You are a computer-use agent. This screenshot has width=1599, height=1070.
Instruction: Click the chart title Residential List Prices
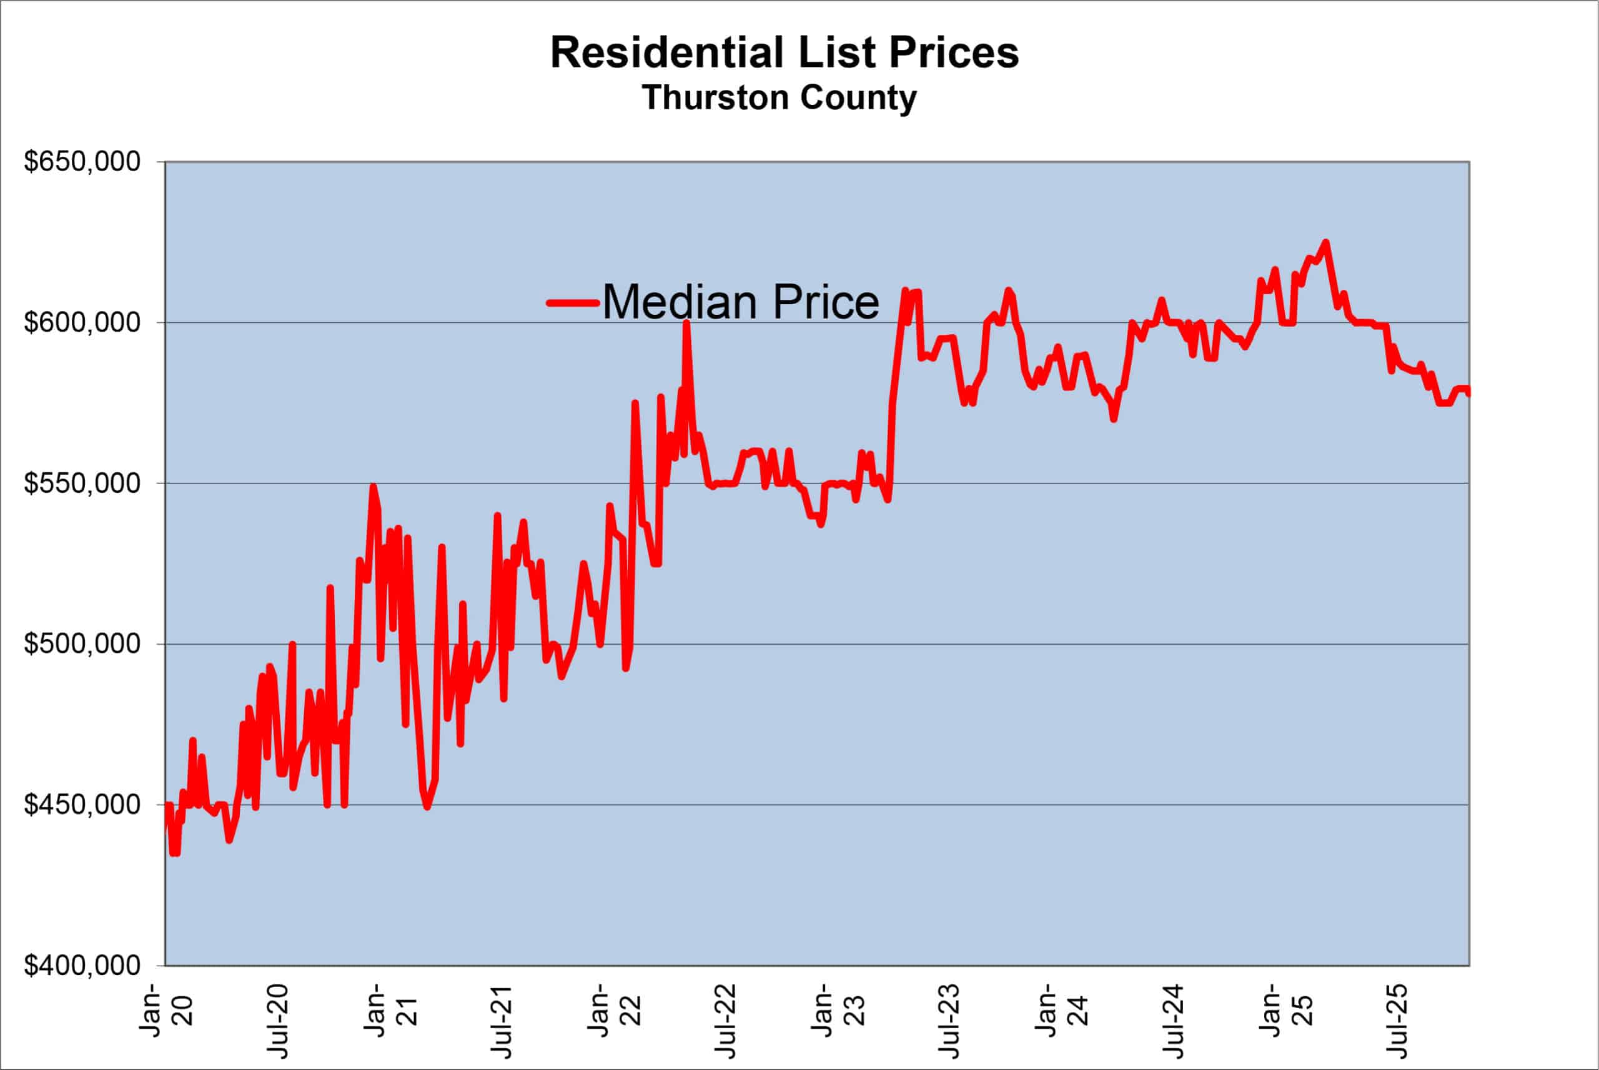pos(785,52)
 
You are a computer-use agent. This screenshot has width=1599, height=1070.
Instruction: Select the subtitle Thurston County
pos(779,97)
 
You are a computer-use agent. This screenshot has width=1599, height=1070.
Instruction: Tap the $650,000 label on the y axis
pos(82,162)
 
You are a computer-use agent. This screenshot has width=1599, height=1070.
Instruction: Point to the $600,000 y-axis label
pos(82,322)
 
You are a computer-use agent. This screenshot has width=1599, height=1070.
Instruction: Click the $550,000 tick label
pos(82,483)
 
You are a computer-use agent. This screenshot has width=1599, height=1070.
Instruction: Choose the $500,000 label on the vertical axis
pos(82,643)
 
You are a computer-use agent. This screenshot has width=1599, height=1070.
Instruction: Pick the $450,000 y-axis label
pos(82,805)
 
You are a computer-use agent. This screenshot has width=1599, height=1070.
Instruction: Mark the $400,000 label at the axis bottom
pos(82,965)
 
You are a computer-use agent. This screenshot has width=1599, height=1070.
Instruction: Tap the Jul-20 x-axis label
pos(279,1020)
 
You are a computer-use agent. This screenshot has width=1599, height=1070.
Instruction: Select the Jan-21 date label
pos(390,1010)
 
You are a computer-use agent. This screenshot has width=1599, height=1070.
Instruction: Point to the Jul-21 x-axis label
pos(503,1020)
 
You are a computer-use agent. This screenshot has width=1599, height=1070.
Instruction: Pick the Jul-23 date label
pos(950,1020)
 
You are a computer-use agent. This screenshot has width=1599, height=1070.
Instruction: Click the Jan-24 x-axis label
pos(1061,1010)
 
